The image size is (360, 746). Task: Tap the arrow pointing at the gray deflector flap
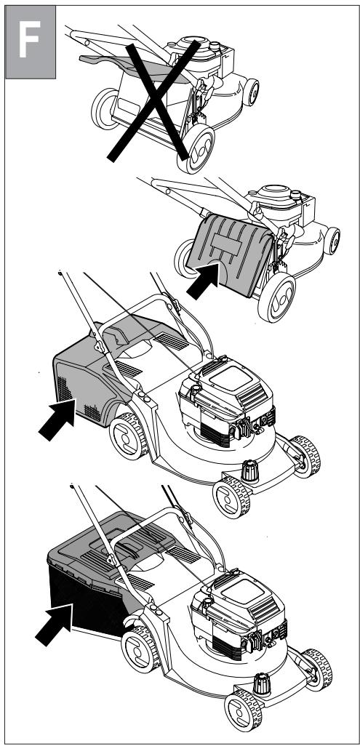pyautogui.click(x=203, y=281)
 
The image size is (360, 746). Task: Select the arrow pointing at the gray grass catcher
pyautogui.click(x=57, y=419)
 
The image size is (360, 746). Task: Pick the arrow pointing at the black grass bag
pyautogui.click(x=54, y=625)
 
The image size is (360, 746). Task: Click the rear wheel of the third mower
pyautogui.click(x=129, y=436)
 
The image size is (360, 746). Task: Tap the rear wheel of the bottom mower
pyautogui.click(x=140, y=649)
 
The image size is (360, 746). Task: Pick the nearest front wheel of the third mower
pyautogui.click(x=231, y=497)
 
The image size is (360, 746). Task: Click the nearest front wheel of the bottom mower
pyautogui.click(x=244, y=711)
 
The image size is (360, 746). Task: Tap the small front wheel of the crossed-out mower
pyautogui.click(x=251, y=92)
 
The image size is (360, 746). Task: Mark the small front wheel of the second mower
pyautogui.click(x=332, y=241)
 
